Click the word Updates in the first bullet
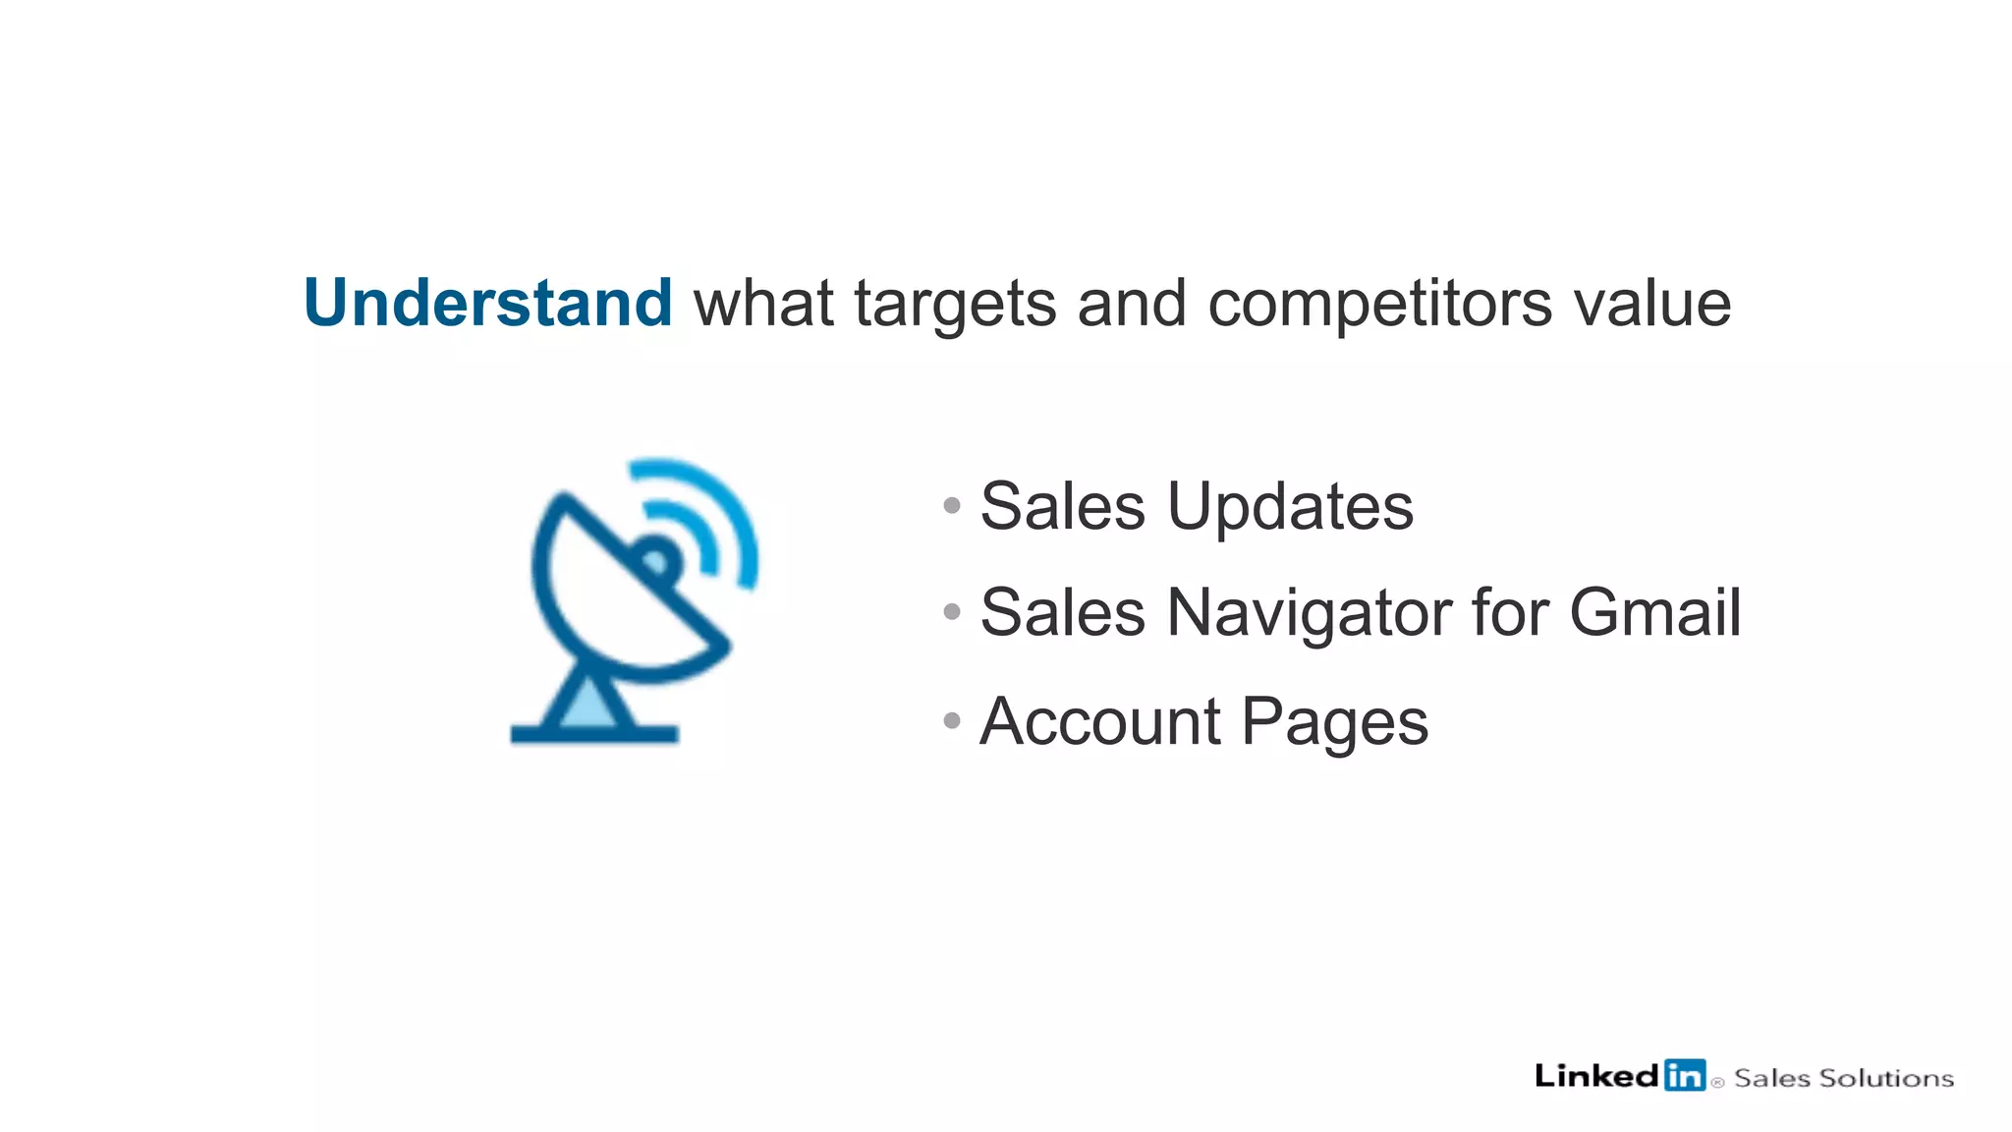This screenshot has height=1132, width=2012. click(1290, 507)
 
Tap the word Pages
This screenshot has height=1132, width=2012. click(1334, 723)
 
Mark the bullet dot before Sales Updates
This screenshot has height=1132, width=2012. click(951, 506)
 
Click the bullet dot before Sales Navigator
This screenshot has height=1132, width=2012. click(951, 612)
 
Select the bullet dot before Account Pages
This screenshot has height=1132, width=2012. click(951, 720)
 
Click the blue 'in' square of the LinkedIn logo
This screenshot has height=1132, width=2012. click(1684, 1076)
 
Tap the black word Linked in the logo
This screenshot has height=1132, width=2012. click(1596, 1076)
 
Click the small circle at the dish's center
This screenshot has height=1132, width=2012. click(656, 561)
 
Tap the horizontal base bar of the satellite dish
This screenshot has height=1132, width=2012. click(594, 733)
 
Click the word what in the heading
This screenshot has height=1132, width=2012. click(763, 304)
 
